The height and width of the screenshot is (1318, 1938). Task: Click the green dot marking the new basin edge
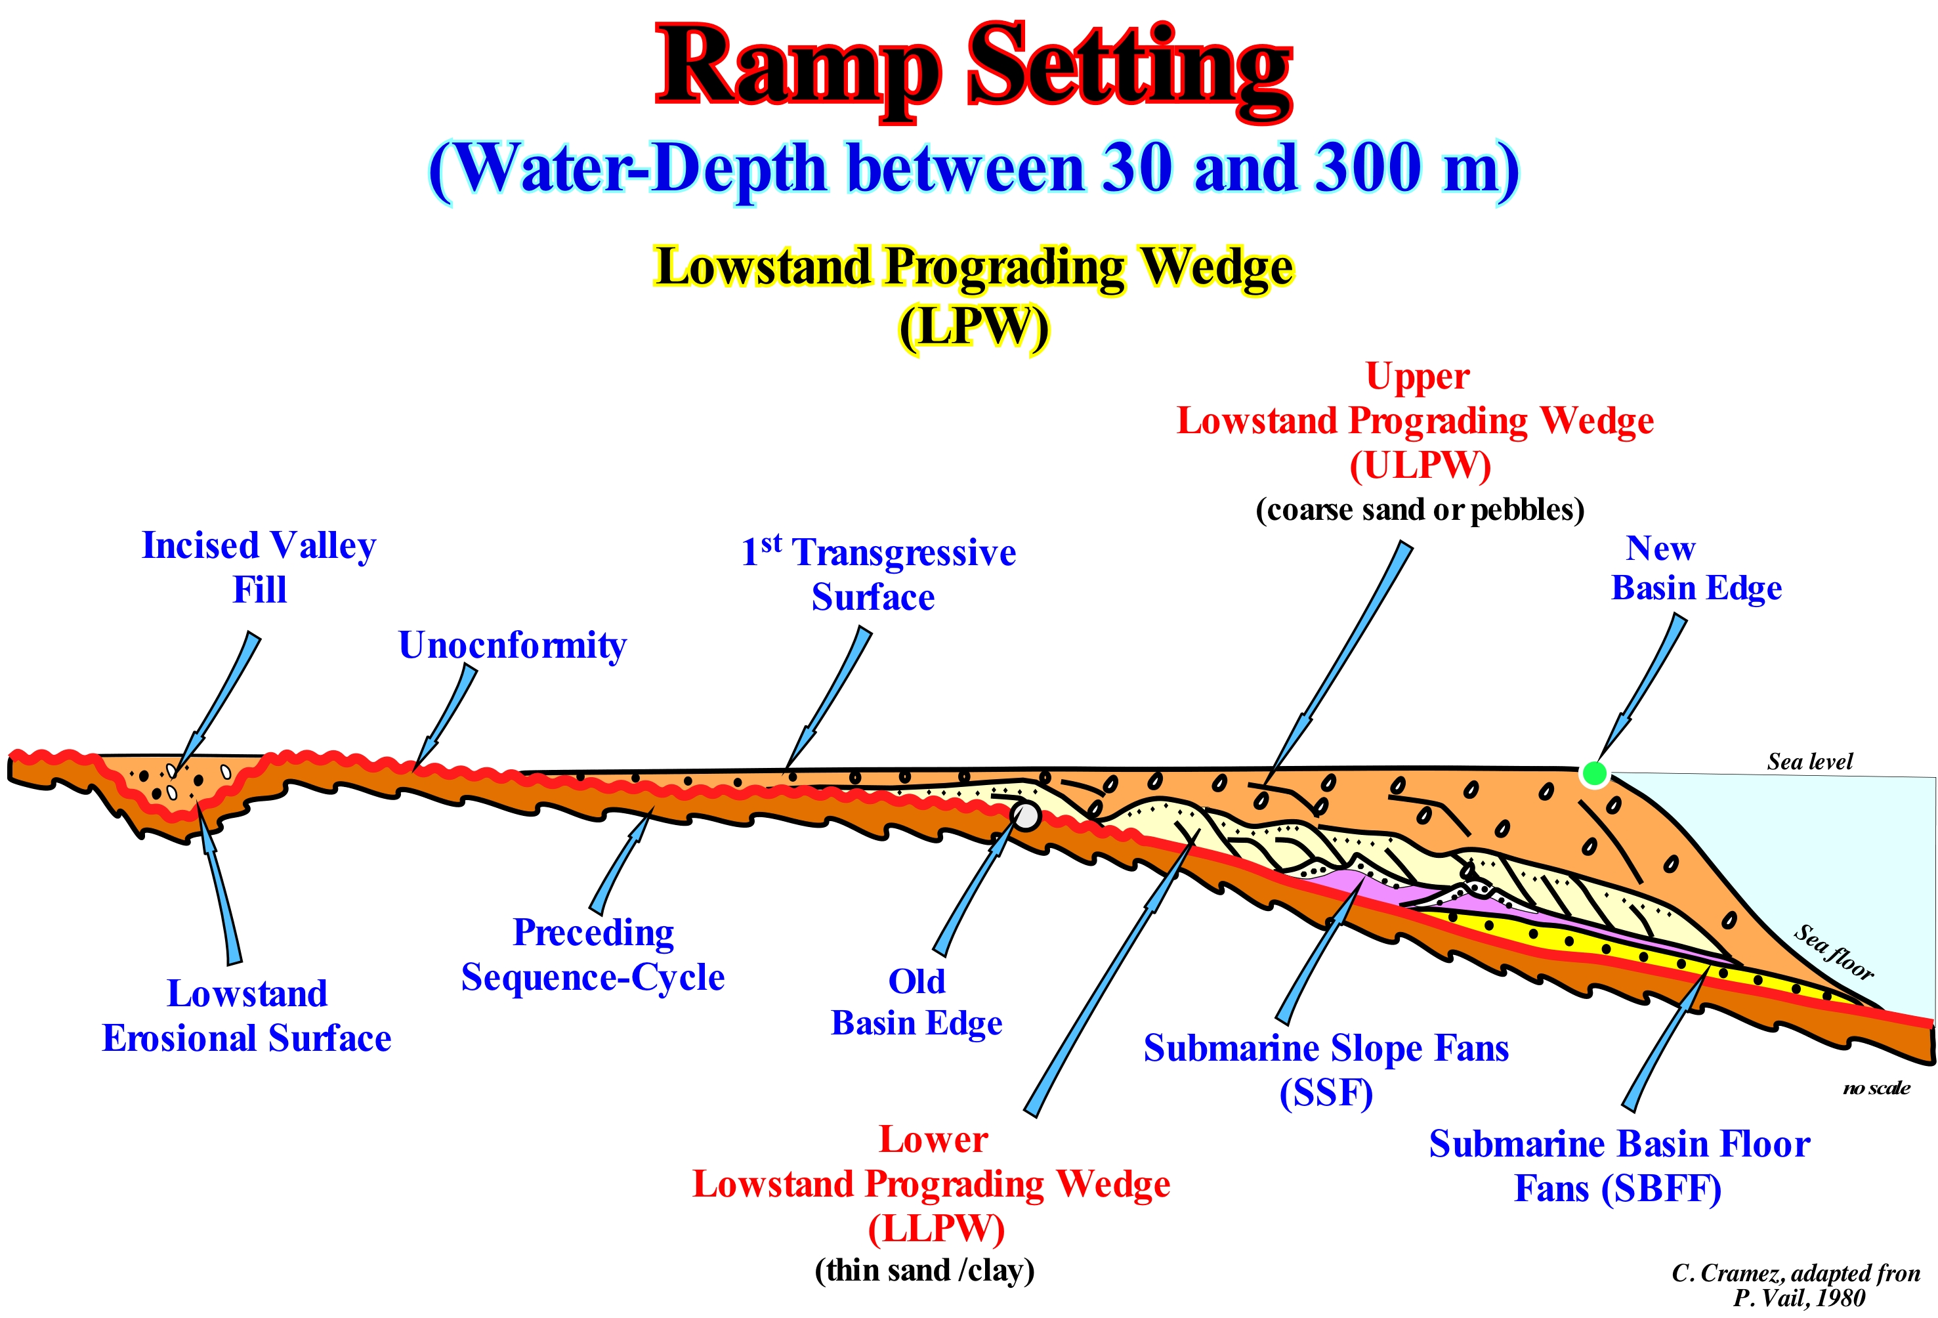point(1594,773)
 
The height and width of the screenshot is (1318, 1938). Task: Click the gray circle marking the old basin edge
point(1025,815)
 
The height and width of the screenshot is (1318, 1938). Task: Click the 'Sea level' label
point(1809,761)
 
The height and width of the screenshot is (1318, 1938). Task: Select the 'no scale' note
point(1876,1088)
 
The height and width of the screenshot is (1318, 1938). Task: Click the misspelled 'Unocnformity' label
point(512,646)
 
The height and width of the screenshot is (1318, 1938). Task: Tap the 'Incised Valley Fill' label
point(259,567)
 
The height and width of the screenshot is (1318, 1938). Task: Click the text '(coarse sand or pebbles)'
point(1420,510)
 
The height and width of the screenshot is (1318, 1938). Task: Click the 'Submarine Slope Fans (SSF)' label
point(1326,1069)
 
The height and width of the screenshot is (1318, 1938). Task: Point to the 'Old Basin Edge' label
point(916,1002)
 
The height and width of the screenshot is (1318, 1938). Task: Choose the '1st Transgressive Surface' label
point(878,574)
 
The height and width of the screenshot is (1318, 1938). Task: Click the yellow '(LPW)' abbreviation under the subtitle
point(973,327)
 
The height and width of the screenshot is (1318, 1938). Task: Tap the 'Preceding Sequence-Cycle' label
point(593,954)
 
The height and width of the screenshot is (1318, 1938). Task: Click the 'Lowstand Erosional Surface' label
point(247,1015)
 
